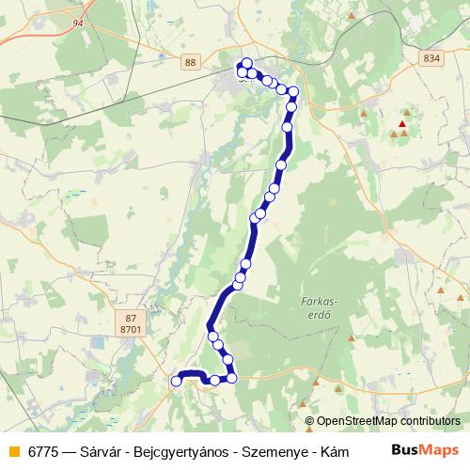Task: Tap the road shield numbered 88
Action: tap(192, 61)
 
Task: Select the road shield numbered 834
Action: tap(431, 58)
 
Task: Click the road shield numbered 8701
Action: tap(131, 330)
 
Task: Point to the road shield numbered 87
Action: tap(131, 318)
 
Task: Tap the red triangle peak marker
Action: tap(403, 124)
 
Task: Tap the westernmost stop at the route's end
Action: tap(176, 381)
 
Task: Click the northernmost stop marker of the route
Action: tap(246, 63)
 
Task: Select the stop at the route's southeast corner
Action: tap(231, 378)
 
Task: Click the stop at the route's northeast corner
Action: tap(293, 92)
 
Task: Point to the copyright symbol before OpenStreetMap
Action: tap(310, 422)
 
